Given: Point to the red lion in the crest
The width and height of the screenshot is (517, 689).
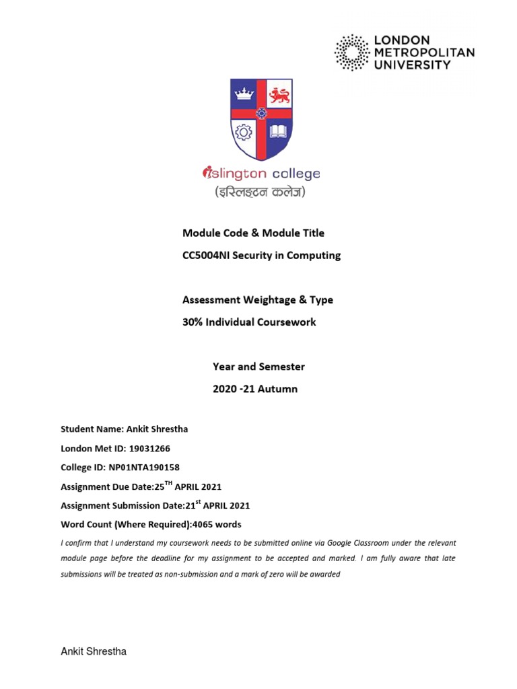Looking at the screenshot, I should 278,95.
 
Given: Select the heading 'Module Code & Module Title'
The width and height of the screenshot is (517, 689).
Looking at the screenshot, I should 253,233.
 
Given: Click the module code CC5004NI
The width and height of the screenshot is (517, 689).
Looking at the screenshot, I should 207,255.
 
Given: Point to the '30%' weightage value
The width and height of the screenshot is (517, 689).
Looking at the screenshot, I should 194,322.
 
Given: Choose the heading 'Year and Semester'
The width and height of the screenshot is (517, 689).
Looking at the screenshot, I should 258,367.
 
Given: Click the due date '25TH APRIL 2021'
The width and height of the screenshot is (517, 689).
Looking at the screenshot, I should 188,486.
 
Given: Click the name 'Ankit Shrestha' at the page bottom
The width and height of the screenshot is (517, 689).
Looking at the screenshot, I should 94,651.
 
